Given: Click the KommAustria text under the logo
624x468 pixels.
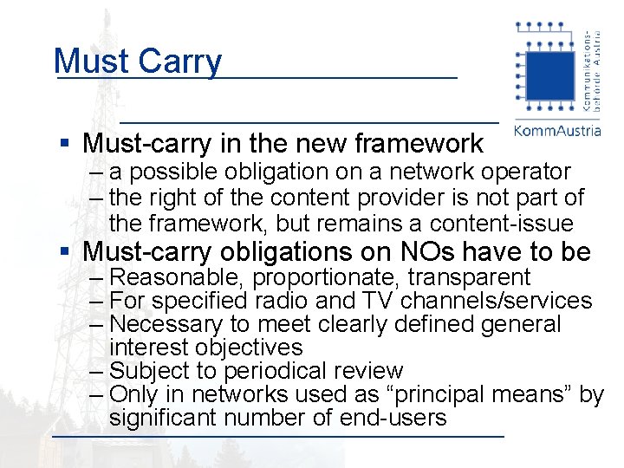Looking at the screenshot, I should (x=557, y=131).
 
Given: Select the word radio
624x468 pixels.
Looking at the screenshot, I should (x=284, y=301).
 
